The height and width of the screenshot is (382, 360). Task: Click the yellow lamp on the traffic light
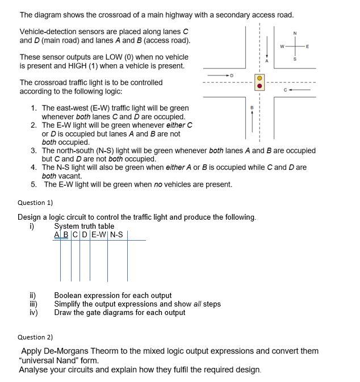coord(259,78)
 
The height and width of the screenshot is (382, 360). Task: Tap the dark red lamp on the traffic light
coord(259,87)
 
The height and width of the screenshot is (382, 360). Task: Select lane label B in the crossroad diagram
coord(252,107)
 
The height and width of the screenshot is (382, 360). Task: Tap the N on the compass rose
coord(295,33)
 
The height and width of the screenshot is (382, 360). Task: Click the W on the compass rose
coord(282,46)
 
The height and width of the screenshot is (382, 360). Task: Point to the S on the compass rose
coord(295,59)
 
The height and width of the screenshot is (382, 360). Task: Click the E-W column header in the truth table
coord(98,234)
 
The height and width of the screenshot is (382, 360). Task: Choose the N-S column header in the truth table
coord(116,234)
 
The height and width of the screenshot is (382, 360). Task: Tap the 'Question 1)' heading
coord(35,203)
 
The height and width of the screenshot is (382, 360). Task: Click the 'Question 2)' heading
coord(35,337)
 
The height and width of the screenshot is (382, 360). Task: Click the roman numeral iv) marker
coord(33,312)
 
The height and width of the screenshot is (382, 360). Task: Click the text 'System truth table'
coord(84,226)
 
